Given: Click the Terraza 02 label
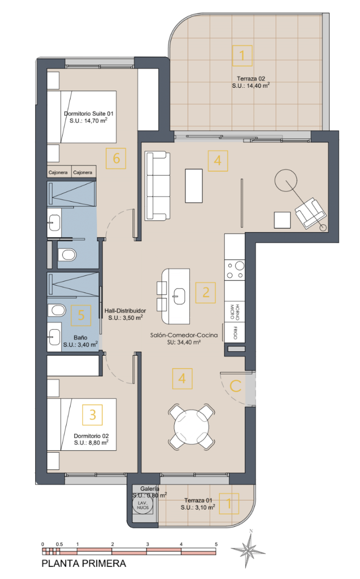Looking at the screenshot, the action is click(x=251, y=79).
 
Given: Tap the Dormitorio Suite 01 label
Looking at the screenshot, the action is click(x=89, y=113).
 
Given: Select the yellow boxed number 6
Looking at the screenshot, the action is click(x=116, y=158).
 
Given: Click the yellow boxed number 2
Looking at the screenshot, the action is click(x=206, y=292).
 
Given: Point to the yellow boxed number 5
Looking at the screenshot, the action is click(x=81, y=316).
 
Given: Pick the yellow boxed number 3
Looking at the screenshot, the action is click(x=93, y=415).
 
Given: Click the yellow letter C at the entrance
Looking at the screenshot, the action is click(x=235, y=386).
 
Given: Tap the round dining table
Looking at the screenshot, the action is click(x=192, y=427).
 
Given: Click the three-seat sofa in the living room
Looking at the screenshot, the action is click(x=157, y=186).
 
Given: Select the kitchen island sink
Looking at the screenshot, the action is click(x=179, y=296).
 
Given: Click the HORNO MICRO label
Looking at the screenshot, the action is click(x=235, y=312).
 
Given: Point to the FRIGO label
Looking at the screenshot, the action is click(x=235, y=332).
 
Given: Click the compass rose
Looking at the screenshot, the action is click(x=248, y=551).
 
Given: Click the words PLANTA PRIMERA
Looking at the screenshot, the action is click(x=84, y=564).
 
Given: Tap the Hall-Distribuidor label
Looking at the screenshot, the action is click(x=125, y=311).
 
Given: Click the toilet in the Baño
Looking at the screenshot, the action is click(x=56, y=310).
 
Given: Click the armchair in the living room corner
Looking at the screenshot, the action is click(x=310, y=213).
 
